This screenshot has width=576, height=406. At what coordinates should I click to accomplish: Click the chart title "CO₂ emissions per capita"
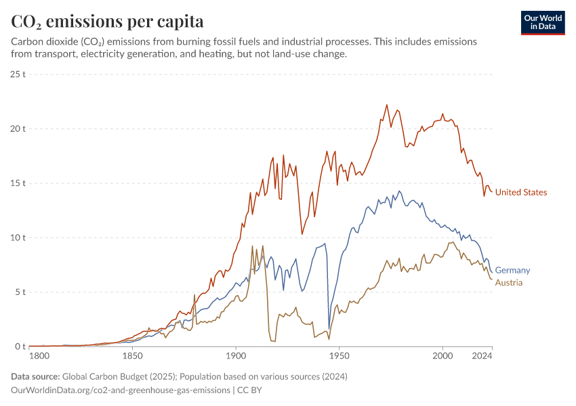[x=107, y=21]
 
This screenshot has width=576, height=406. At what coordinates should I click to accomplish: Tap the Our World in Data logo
[x=542, y=22]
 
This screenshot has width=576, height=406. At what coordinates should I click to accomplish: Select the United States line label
[x=520, y=192]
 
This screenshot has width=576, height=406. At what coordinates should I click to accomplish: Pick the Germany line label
[x=512, y=270]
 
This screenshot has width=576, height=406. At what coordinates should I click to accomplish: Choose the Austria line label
[x=509, y=282]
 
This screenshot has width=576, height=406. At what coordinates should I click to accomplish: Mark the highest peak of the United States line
[x=387, y=105]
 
